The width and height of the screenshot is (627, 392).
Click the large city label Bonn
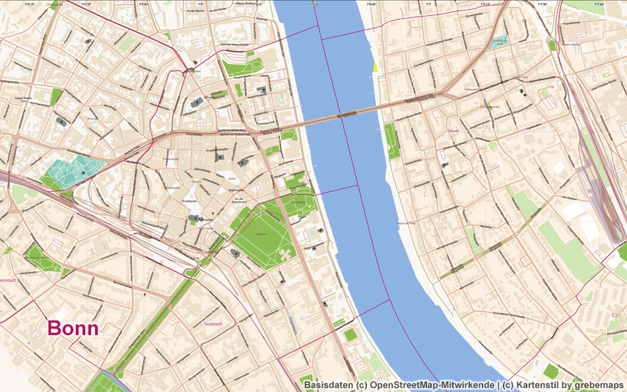tap(73, 329)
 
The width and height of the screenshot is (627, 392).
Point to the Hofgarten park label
tap(261, 233)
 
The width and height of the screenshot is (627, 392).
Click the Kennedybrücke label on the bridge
tap(346, 114)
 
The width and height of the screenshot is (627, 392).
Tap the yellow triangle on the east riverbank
tap(375, 67)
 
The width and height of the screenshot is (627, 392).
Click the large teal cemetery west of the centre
tap(78, 171)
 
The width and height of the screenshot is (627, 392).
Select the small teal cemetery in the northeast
tap(498, 42)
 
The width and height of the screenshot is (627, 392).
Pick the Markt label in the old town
tap(232, 179)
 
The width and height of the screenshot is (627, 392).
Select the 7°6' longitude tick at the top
tap(200, 4)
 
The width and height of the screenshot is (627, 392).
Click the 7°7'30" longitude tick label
tap(543, 4)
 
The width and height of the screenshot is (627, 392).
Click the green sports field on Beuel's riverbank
tap(391, 141)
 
